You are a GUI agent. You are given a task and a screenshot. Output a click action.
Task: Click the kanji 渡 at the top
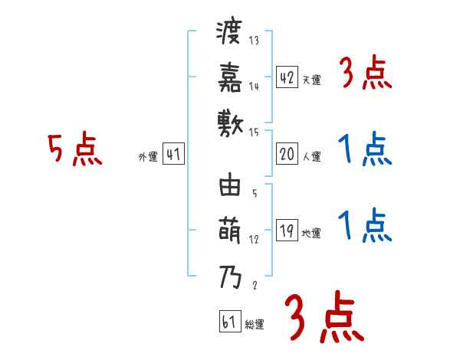[x=229, y=35]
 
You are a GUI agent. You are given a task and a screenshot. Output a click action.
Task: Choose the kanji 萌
[x=229, y=231]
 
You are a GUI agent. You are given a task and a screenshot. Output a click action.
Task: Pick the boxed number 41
[x=173, y=155]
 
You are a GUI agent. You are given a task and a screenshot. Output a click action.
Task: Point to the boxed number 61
[x=228, y=322]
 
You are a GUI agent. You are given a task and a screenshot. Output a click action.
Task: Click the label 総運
[x=254, y=325]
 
